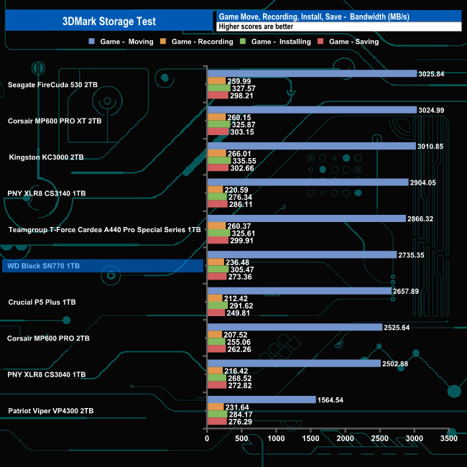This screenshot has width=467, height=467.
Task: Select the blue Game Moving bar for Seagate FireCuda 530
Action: tap(312, 73)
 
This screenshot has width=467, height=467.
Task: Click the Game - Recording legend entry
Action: tap(198, 42)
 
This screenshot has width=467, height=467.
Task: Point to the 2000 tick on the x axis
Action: tap(345, 438)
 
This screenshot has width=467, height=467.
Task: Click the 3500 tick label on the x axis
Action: tap(448, 438)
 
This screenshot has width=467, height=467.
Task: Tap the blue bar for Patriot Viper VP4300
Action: tap(261, 399)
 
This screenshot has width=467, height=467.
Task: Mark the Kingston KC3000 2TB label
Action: tap(46, 157)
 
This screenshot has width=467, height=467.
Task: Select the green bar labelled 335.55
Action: tap(219, 160)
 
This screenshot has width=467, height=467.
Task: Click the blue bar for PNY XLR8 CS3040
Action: tap(293, 364)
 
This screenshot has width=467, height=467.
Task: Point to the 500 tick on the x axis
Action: tap(241, 438)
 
